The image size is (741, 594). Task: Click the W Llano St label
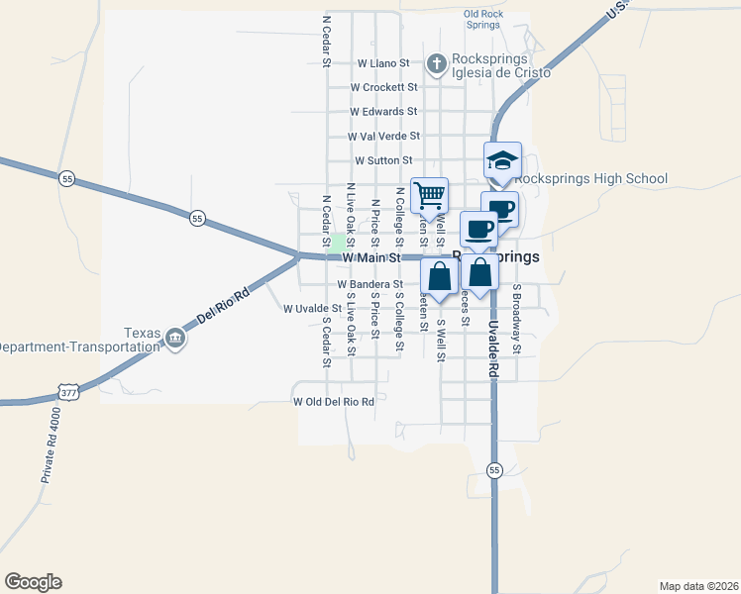point(382,62)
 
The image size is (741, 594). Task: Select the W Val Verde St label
point(383,136)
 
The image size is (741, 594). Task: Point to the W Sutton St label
point(382,159)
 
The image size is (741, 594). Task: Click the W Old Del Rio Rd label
point(334,402)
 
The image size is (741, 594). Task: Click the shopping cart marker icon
point(430,193)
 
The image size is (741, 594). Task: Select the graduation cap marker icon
point(502,158)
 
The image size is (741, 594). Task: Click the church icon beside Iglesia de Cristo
point(435,65)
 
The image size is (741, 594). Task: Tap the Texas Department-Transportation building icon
point(174,339)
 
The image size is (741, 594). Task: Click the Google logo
point(33,582)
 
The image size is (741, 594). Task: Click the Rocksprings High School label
point(579,179)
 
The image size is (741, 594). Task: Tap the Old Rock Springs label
point(485,19)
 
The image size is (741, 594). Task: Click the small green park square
point(338,244)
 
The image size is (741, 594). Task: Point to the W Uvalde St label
point(312,309)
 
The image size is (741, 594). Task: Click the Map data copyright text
point(698,585)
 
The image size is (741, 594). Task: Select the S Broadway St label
point(516,320)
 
